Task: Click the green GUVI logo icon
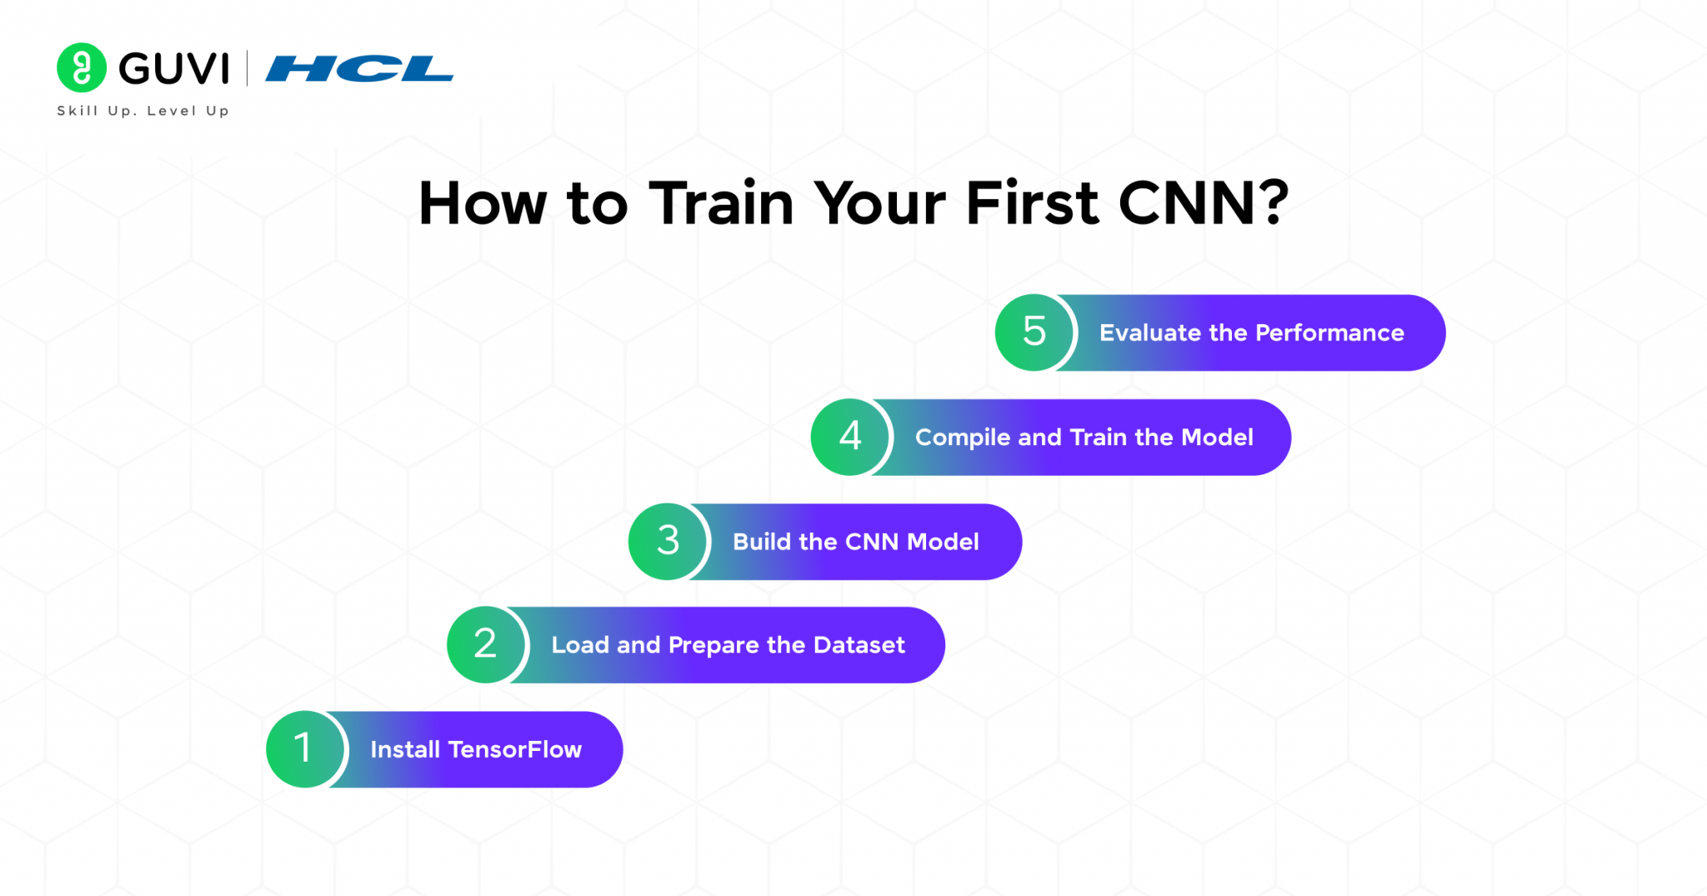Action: click(x=82, y=68)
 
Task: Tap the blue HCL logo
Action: click(x=359, y=68)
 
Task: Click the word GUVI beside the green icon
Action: click(x=173, y=68)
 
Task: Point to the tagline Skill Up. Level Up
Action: click(x=143, y=111)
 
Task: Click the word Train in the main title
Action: click(x=721, y=203)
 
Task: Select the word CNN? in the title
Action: click(x=1203, y=203)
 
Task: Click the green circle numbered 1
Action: click(x=304, y=748)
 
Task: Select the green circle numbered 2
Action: click(x=485, y=644)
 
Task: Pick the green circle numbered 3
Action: click(x=668, y=541)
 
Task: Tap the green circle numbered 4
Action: click(x=850, y=437)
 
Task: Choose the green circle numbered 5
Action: click(x=1034, y=332)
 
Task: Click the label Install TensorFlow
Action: click(x=476, y=749)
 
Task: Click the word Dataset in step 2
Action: click(x=859, y=645)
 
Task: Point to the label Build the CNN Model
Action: click(x=855, y=542)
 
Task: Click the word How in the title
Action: click(x=483, y=203)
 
